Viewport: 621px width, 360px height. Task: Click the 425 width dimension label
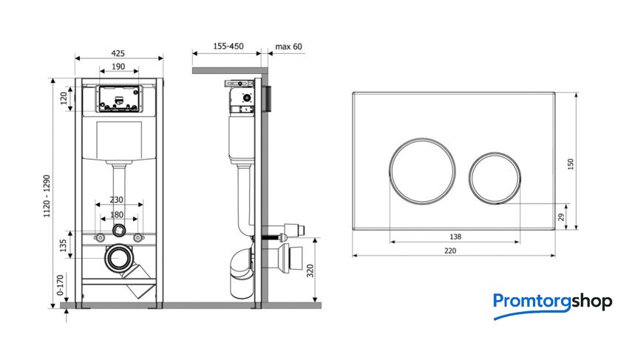(x=118, y=53)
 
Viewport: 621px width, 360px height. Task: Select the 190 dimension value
(x=118, y=67)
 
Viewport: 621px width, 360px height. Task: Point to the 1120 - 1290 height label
(x=47, y=196)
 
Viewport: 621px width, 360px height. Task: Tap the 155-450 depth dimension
(x=228, y=47)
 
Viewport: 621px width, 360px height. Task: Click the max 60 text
(x=288, y=47)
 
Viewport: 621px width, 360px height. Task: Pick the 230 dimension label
(x=117, y=200)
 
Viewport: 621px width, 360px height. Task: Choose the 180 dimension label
(x=117, y=214)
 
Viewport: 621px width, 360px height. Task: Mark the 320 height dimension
(x=310, y=271)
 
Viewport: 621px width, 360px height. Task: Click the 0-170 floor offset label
(x=60, y=285)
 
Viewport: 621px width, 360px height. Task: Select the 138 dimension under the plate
(x=455, y=237)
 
